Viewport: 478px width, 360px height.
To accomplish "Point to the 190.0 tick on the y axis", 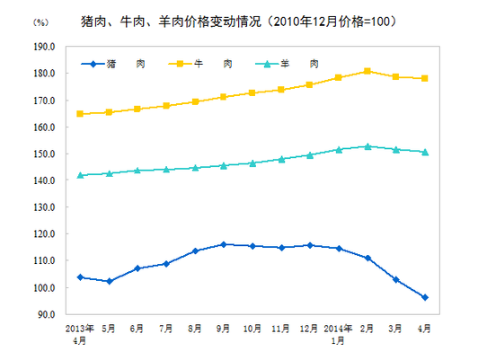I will (x=44, y=46).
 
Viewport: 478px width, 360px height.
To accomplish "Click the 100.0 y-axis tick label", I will (x=44, y=287).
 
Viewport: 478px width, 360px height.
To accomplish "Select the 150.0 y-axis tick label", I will (x=44, y=154).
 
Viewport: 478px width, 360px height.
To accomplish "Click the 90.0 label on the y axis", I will (x=46, y=314).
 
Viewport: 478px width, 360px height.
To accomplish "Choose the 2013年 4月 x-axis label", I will (x=80, y=335).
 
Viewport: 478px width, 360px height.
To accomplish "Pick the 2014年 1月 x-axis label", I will (x=339, y=335).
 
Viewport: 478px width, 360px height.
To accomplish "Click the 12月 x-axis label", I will (x=310, y=329).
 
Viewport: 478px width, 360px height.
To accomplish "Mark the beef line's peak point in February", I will (x=367, y=71).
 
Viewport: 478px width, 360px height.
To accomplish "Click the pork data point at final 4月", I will (x=425, y=297).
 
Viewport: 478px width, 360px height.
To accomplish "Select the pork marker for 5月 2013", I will (x=110, y=281).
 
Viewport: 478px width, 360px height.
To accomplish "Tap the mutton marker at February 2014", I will (x=367, y=146).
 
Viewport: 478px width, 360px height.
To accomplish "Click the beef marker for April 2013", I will (x=81, y=114).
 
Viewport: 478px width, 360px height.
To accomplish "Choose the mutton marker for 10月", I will (x=252, y=163).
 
